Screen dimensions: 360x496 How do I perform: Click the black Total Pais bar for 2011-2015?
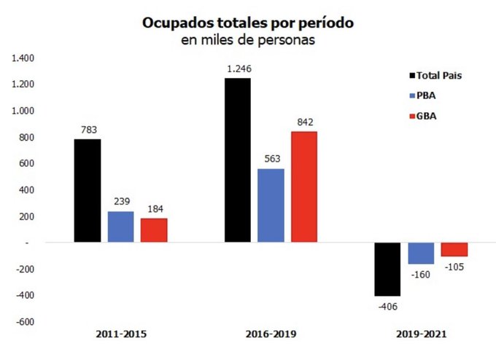pyautogui.click(x=87, y=190)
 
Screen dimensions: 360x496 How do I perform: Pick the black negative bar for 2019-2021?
pyautogui.click(x=387, y=269)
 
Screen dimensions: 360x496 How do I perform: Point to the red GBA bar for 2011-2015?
pyautogui.click(x=153, y=230)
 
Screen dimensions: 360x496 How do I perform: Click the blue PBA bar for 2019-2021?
pyautogui.click(x=420, y=253)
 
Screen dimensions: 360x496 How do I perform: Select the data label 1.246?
pyautogui.click(x=237, y=69)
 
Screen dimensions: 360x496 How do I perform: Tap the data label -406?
pyautogui.click(x=387, y=305)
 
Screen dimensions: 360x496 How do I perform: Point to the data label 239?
pyautogui.click(x=120, y=202)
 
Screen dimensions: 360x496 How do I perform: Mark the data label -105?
pyautogui.click(x=453, y=266)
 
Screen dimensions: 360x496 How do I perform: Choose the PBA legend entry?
pyautogui.click(x=426, y=95)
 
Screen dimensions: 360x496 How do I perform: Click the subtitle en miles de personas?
pyautogui.click(x=248, y=41)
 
